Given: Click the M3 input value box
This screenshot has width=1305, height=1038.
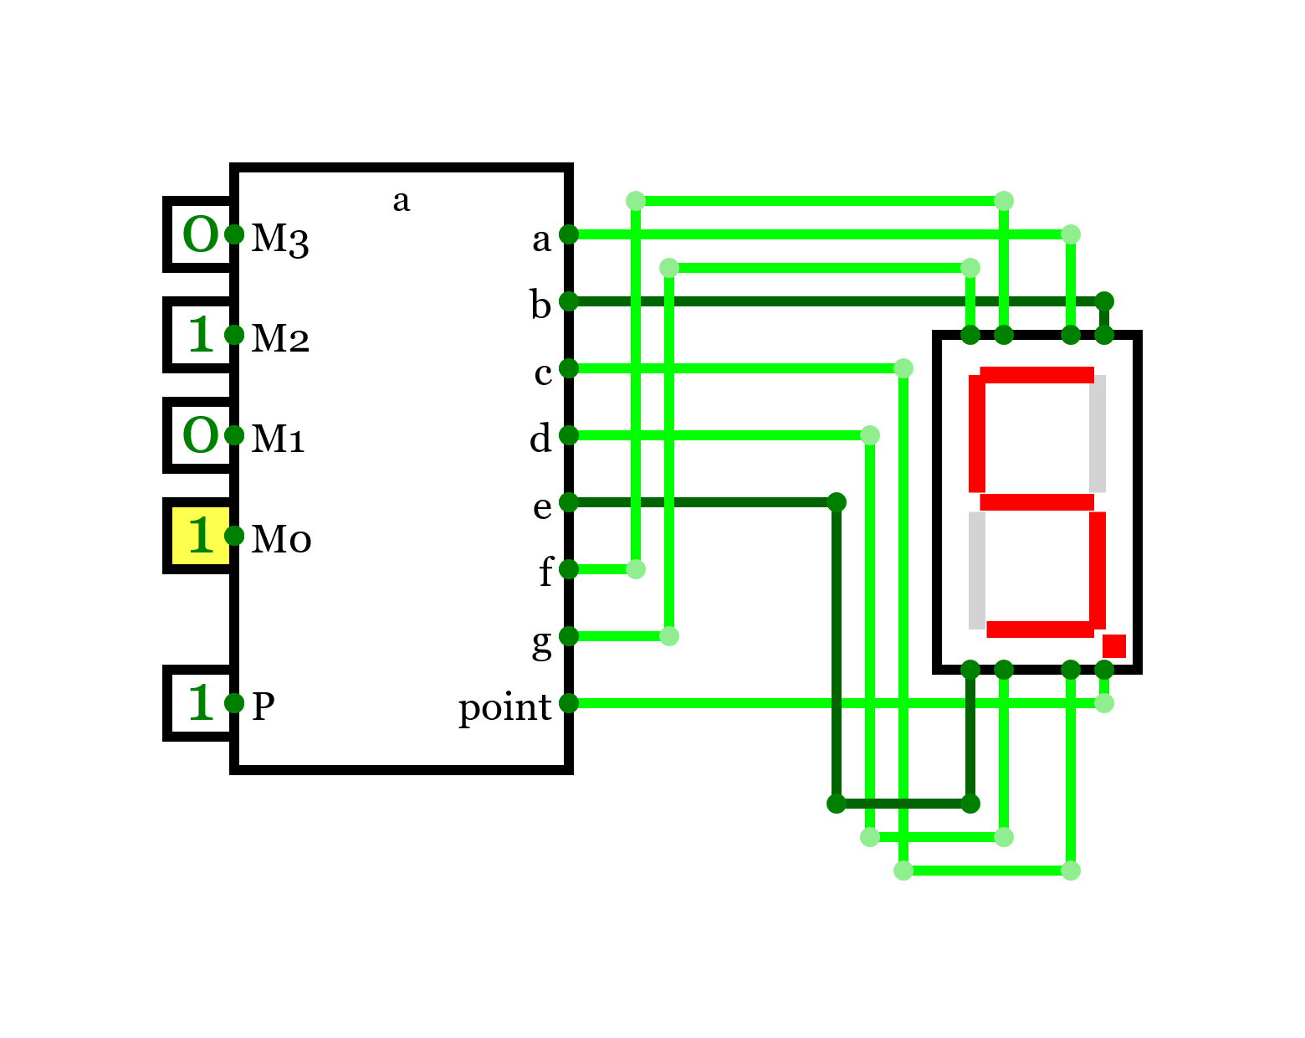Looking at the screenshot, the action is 201,234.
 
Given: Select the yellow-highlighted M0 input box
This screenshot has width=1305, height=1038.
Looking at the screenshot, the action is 201,536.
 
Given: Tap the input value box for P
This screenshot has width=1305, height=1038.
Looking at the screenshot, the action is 201,703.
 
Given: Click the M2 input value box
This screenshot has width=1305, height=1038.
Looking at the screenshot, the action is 201,335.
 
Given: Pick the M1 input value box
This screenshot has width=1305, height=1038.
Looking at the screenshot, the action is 201,435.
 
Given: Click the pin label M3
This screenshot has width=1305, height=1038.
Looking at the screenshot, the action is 280,238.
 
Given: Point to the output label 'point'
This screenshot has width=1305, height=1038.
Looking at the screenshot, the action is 504,707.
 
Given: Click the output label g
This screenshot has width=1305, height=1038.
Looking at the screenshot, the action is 542,642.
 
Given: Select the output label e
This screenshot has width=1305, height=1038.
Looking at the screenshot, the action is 543,506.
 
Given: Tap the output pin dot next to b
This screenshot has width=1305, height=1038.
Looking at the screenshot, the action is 569,301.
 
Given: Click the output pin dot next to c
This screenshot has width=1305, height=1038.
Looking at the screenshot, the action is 569,368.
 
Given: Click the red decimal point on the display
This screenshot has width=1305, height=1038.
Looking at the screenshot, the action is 1113,646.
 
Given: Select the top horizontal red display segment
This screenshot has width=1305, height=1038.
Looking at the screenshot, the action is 1036,375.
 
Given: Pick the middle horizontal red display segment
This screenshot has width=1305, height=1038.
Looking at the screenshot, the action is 1036,502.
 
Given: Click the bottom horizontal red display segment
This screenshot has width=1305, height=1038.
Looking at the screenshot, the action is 1040,629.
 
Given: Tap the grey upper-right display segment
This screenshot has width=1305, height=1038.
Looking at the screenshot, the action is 1098,434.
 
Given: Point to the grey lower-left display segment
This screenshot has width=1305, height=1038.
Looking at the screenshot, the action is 977,570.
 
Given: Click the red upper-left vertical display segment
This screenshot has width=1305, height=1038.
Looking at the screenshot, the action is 977,434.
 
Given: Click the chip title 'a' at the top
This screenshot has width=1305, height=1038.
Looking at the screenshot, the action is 402,200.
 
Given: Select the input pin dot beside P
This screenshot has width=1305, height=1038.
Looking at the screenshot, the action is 234,703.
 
